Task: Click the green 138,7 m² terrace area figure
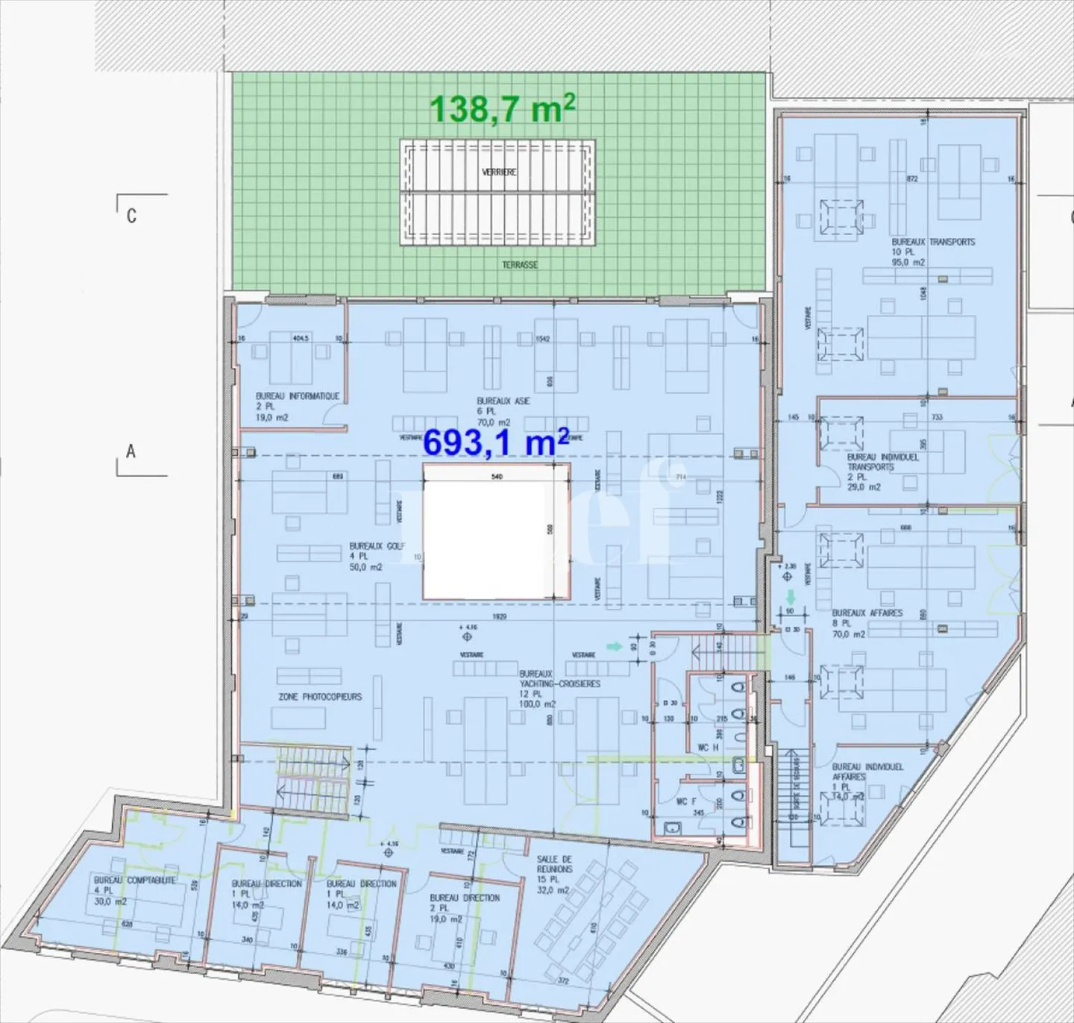pyautogui.click(x=502, y=109)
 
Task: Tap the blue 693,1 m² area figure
pyautogui.click(x=496, y=442)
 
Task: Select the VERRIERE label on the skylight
pyautogui.click(x=499, y=172)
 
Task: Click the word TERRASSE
pyautogui.click(x=520, y=265)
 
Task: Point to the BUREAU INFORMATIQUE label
pyautogui.click(x=298, y=396)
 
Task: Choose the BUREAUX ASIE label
pyautogui.click(x=503, y=401)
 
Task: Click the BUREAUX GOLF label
pyautogui.click(x=377, y=546)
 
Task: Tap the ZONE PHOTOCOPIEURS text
pyautogui.click(x=320, y=697)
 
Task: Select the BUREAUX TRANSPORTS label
pyautogui.click(x=933, y=242)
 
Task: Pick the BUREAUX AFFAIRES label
pyautogui.click(x=867, y=613)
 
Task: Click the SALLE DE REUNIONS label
pyautogui.click(x=554, y=864)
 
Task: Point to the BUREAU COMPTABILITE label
pyautogui.click(x=135, y=880)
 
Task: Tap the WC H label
pyautogui.click(x=707, y=747)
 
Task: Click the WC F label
pyautogui.click(x=686, y=801)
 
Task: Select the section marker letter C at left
pyautogui.click(x=131, y=216)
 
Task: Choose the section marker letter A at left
pyautogui.click(x=131, y=451)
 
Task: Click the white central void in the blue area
pyautogui.click(x=496, y=531)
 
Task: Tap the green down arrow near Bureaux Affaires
pyautogui.click(x=791, y=598)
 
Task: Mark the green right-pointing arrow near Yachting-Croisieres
pyautogui.click(x=614, y=646)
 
